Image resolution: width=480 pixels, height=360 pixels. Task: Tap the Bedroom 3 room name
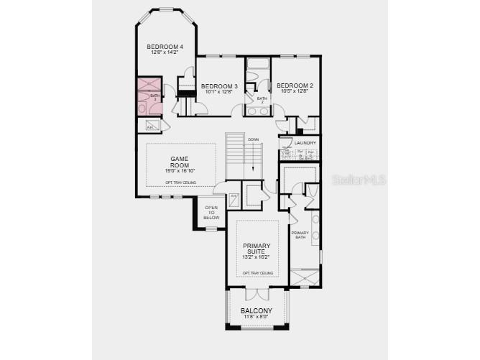click(219, 86)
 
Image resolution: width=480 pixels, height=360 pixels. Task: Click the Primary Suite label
click(257, 246)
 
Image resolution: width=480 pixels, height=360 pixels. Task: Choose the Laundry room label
click(305, 144)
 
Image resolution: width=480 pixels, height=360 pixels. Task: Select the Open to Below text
click(211, 213)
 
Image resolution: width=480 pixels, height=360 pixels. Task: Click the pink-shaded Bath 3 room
click(150, 96)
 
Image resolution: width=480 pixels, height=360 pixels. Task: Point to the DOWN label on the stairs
click(253, 139)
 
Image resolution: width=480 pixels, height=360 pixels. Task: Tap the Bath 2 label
click(262, 100)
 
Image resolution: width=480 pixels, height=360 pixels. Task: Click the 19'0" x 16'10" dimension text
click(180, 170)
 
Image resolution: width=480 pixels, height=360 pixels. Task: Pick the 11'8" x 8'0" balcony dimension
click(256, 317)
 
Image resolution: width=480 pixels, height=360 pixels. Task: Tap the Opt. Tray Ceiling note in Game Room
click(180, 183)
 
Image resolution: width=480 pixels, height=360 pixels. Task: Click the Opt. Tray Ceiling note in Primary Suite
click(257, 273)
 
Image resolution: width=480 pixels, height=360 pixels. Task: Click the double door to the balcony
click(257, 293)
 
